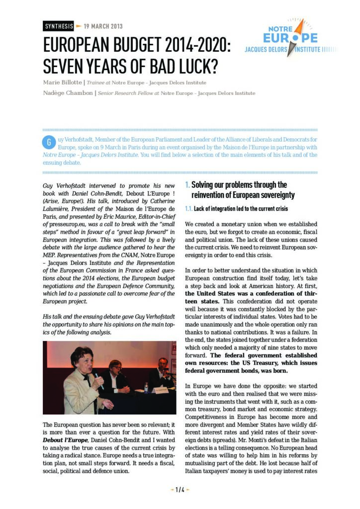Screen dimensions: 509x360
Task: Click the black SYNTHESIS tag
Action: (x=58, y=26)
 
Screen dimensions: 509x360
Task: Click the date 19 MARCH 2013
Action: (x=103, y=26)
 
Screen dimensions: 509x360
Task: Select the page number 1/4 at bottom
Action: (x=180, y=490)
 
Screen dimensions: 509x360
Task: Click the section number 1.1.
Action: (x=188, y=208)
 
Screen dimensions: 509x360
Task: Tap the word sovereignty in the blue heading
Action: (x=276, y=195)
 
